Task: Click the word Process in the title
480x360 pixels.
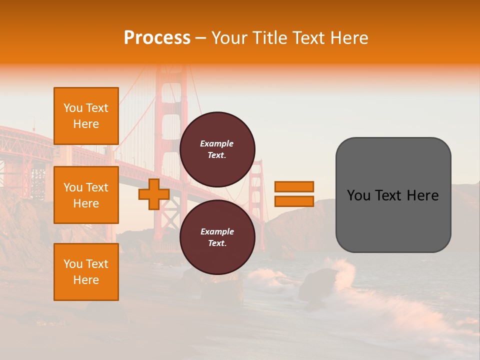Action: (x=157, y=38)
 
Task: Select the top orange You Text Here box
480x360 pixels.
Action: (x=86, y=116)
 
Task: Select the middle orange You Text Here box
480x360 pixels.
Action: (x=86, y=195)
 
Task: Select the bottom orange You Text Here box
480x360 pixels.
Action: (x=86, y=272)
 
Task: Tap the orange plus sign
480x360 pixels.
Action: (x=153, y=194)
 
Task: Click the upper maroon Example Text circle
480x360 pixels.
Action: (x=217, y=149)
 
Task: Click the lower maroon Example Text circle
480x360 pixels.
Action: (x=217, y=237)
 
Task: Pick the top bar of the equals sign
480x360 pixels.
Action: (x=294, y=186)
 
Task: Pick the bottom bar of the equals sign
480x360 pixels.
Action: (x=294, y=201)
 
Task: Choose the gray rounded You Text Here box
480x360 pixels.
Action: (x=393, y=220)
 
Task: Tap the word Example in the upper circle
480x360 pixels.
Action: (x=217, y=144)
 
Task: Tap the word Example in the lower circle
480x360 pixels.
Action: (x=217, y=232)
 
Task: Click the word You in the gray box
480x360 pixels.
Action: (x=358, y=195)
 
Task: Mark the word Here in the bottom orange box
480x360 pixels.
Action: (x=86, y=280)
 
